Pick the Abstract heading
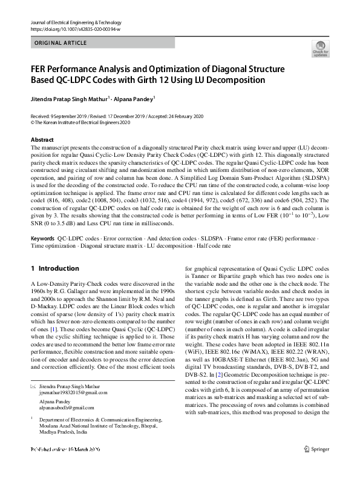[x=43, y=140]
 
